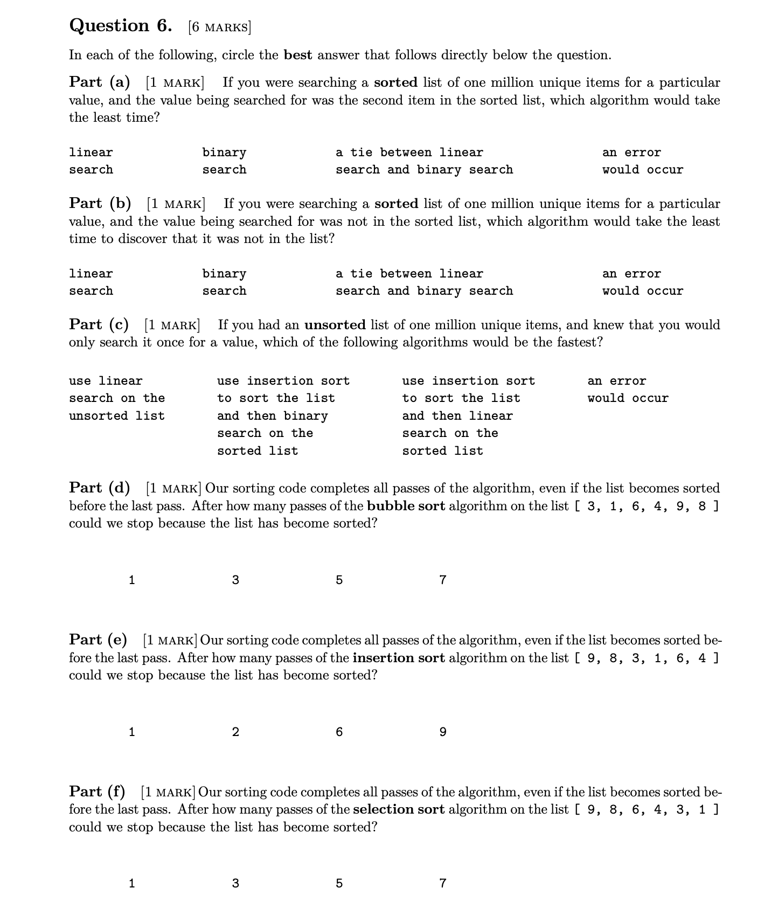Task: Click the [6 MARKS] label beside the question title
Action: click(x=219, y=27)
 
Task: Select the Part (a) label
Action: click(x=100, y=82)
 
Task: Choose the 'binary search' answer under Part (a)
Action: click(x=224, y=161)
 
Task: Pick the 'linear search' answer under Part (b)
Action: click(x=91, y=282)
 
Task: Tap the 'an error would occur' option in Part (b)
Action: click(x=642, y=282)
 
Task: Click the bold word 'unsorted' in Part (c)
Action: click(x=335, y=325)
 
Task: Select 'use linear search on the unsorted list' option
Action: click(x=116, y=398)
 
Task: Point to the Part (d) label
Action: click(x=100, y=488)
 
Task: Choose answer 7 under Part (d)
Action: click(x=442, y=580)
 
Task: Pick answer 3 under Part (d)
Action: click(x=235, y=580)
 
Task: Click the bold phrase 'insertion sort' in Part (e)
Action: click(x=399, y=658)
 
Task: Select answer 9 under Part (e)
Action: click(x=442, y=732)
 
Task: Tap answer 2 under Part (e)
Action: click(x=235, y=732)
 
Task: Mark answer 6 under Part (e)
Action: click(x=339, y=732)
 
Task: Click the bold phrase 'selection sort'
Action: click(x=399, y=810)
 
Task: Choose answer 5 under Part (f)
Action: click(x=339, y=884)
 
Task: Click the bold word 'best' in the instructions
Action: click(x=298, y=55)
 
